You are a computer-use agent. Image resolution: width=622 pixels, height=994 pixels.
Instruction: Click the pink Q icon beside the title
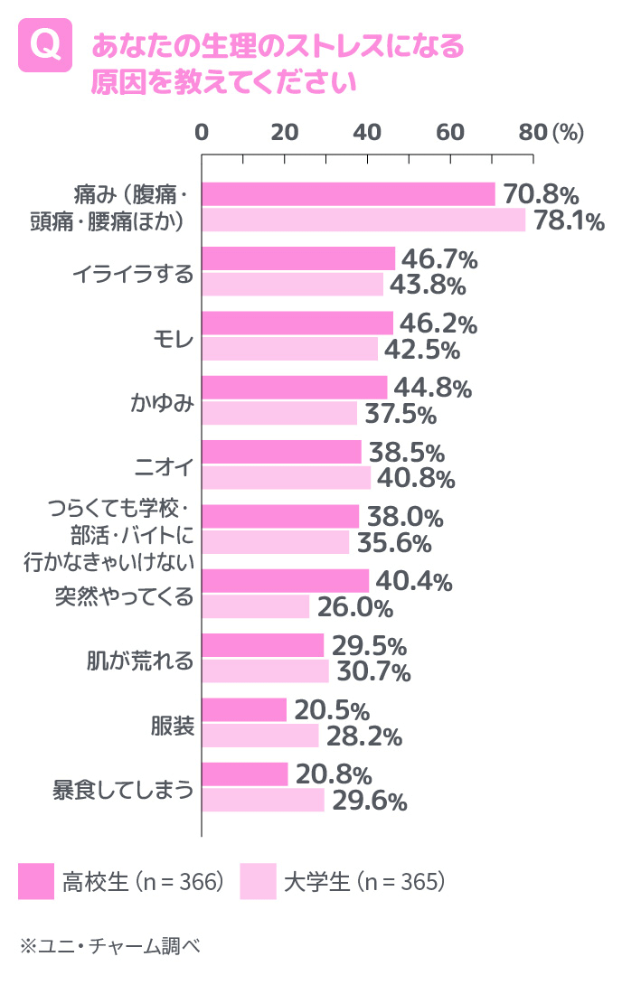[45, 46]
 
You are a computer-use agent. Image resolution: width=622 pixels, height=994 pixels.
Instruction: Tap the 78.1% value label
[568, 221]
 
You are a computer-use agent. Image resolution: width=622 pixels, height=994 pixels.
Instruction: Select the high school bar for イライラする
[298, 258]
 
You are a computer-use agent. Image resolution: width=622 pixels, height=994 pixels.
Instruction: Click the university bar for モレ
[289, 349]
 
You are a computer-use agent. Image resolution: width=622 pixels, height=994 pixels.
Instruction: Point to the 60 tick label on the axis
[450, 132]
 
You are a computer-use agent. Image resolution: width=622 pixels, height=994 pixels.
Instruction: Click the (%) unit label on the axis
[567, 132]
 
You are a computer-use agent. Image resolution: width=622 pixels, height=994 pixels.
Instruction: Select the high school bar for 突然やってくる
[285, 581]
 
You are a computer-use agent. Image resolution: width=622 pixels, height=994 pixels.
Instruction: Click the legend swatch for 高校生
[36, 881]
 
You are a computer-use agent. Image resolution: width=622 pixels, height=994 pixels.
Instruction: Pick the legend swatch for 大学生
[259, 881]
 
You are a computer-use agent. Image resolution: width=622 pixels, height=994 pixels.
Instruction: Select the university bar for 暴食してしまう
[263, 800]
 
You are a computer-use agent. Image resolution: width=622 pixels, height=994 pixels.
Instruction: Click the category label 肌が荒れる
[149, 660]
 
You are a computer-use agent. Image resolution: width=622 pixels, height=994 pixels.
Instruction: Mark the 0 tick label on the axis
[202, 132]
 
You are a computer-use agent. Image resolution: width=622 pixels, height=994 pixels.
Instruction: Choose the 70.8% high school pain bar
[348, 193]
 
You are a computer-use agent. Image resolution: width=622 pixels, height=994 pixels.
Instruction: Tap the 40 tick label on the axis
[367, 132]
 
